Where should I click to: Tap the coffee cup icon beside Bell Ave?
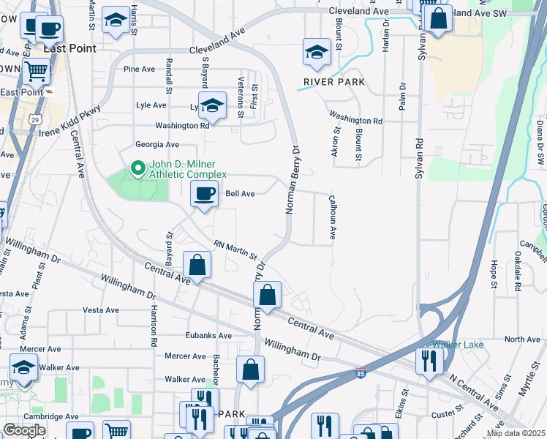[204, 194]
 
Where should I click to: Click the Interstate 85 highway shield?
[361, 373]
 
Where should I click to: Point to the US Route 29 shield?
[35, 118]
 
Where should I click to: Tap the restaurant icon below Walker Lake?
[429, 360]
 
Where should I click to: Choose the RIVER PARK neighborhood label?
[334, 82]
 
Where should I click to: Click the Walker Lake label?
[453, 345]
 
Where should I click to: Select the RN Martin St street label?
[235, 250]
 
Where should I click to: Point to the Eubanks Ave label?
[208, 336]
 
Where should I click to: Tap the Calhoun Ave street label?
[332, 217]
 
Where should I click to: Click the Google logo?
[24, 429]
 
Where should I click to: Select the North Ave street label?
[522, 339]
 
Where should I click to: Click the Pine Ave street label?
[140, 69]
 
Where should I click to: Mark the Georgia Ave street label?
[156, 145]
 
